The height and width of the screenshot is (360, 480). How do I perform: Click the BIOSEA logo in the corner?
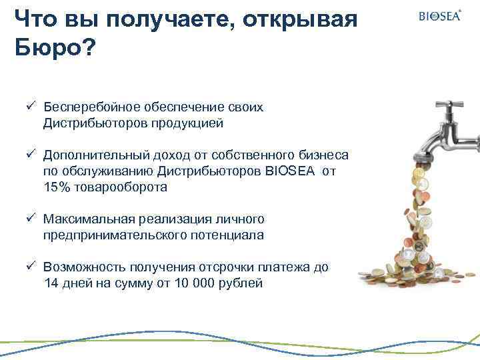click(x=439, y=15)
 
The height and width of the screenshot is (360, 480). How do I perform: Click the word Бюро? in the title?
click(x=53, y=47)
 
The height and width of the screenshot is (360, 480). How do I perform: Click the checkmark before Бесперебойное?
click(x=31, y=107)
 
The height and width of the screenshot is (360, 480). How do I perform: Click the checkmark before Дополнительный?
click(x=31, y=155)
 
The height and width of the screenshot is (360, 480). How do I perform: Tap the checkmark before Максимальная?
click(x=31, y=219)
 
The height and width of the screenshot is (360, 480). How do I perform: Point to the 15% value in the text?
click(x=57, y=187)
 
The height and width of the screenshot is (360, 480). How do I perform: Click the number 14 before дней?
click(x=51, y=283)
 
